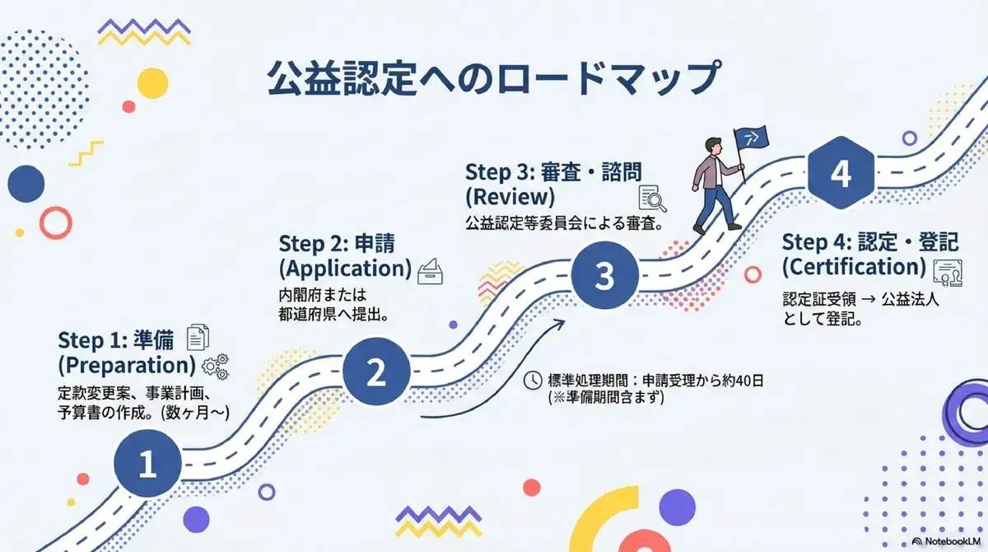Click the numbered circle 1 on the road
pos(147,464)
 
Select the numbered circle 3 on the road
pos(604,276)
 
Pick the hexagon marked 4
pos(840,175)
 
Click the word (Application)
pos(345,269)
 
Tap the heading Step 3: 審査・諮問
pos(553,172)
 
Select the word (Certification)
pos(854,266)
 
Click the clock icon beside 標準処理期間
pos(534,380)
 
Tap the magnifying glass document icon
pos(653,199)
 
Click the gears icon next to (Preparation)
pos(216,367)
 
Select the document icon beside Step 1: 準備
pos(198,337)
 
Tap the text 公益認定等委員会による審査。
pos(565,222)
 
